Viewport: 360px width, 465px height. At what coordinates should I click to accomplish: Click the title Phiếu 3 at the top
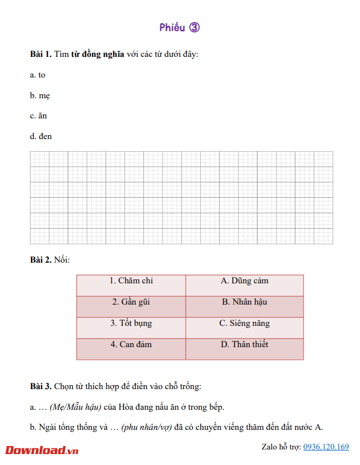[x=179, y=28]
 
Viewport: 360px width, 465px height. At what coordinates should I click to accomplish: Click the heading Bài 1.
[x=40, y=55]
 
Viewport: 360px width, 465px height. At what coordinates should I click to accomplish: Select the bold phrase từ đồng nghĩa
[x=97, y=55]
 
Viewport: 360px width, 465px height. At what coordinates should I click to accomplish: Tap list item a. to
[x=38, y=75]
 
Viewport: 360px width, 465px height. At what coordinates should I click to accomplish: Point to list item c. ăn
[x=39, y=116]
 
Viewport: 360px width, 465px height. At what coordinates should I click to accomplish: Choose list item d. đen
[x=41, y=137]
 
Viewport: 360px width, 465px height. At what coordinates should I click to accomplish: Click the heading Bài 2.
[x=40, y=260]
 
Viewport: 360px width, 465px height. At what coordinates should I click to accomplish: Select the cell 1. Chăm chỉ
[x=131, y=281]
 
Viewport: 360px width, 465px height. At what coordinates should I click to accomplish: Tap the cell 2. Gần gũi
[x=131, y=302]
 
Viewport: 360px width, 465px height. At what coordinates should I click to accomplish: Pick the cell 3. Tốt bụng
[x=131, y=324]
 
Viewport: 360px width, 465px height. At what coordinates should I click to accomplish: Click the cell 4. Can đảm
[x=131, y=345]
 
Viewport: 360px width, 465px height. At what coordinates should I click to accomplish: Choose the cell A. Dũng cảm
[x=244, y=281]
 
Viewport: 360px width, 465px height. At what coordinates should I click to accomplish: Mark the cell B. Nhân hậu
[x=244, y=302]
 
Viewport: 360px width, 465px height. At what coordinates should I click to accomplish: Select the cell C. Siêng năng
[x=244, y=324]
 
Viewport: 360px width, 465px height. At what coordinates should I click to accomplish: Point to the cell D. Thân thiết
[x=244, y=345]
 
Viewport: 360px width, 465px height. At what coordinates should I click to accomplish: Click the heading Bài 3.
[x=40, y=386]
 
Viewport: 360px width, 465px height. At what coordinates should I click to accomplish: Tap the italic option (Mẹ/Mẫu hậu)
[x=75, y=407]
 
